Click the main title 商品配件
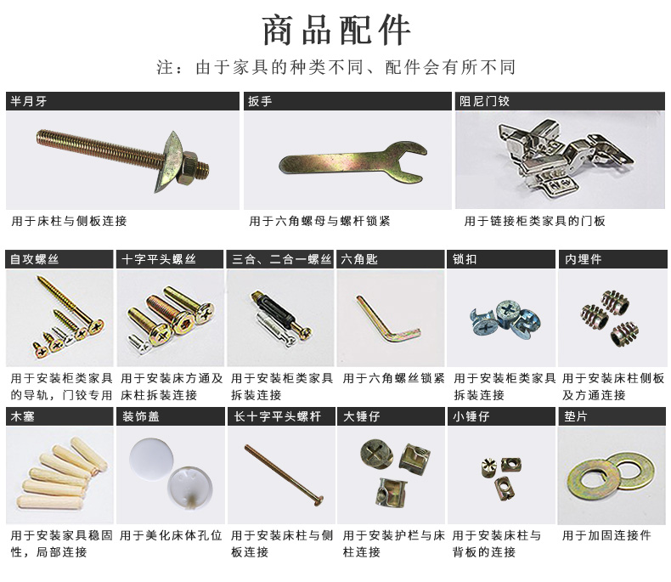335,30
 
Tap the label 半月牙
27,101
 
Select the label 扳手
260,101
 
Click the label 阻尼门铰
485,101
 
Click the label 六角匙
359,259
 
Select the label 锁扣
465,259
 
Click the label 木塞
22,416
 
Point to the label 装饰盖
140,416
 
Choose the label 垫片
577,416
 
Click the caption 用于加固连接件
606,535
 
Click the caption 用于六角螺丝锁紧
394,378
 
